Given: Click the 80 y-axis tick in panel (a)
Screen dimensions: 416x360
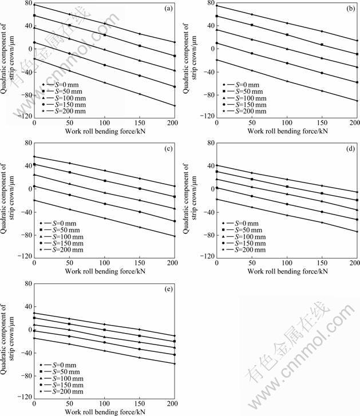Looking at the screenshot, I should point(26,4).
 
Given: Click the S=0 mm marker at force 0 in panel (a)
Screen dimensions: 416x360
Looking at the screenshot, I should point(34,5).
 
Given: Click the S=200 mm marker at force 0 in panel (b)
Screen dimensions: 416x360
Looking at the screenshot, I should point(216,60).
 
